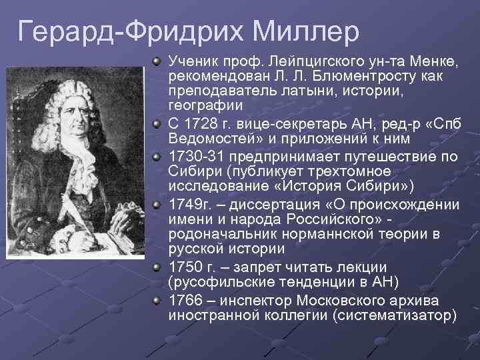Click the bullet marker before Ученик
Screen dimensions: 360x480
point(155,62)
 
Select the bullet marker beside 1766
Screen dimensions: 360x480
point(155,300)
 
